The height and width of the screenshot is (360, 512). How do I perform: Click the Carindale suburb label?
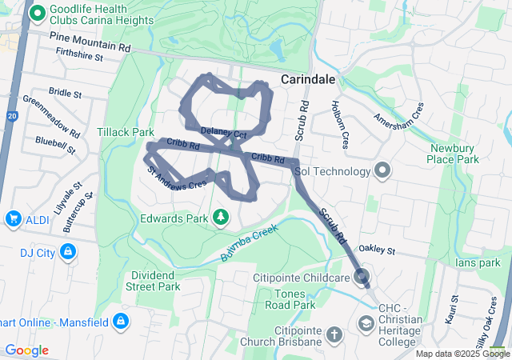(x=308, y=80)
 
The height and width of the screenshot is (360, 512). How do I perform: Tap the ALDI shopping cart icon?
(x=14, y=218)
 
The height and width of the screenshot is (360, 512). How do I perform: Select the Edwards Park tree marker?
(x=220, y=218)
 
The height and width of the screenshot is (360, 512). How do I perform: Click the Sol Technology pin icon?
(x=382, y=170)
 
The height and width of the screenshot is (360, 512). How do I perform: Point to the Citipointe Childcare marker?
(x=362, y=278)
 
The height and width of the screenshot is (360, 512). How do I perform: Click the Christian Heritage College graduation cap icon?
(x=366, y=323)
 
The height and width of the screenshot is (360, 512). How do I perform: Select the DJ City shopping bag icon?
(x=69, y=252)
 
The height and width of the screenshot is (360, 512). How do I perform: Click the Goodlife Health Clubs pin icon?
(x=35, y=14)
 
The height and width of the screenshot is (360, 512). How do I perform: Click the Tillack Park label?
(x=125, y=131)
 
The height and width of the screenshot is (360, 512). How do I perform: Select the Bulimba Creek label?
(x=249, y=246)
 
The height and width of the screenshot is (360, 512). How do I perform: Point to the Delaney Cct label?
(x=223, y=130)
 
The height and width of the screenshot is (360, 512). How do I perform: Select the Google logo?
(x=26, y=350)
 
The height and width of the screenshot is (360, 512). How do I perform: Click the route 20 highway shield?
(x=12, y=116)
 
